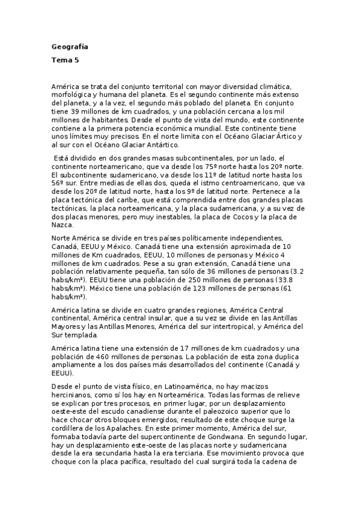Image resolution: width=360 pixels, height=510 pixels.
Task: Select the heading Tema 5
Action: coord(65,60)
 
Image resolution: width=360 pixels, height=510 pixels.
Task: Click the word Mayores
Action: coord(66,327)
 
